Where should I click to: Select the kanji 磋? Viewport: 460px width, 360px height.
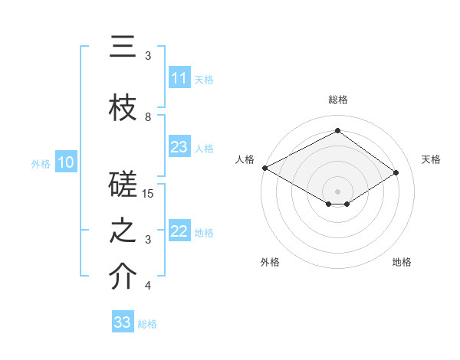pos(123,186)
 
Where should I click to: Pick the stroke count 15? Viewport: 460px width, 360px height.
pos(149,194)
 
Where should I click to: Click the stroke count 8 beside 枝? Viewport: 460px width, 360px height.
pos(148,117)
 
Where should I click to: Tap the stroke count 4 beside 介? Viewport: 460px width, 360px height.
pos(148,286)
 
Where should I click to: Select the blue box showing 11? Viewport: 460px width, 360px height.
pos(179,78)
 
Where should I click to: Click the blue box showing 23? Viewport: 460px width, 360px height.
pos(179,147)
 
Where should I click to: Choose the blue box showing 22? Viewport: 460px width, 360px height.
pos(179,231)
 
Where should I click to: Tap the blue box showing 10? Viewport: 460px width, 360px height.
pos(66,162)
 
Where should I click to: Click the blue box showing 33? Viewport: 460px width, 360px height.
pos(123,322)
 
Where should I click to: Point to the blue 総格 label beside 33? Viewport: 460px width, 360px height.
pos(147,324)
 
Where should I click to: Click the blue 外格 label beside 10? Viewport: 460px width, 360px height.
pos(41,163)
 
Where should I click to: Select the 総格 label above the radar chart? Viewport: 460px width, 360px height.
pos(337,100)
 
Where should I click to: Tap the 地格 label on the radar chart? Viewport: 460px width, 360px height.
pos(402,262)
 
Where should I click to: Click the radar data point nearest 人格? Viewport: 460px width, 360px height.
pos(264,168)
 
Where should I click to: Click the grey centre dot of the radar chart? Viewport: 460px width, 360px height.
pos(337,191)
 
